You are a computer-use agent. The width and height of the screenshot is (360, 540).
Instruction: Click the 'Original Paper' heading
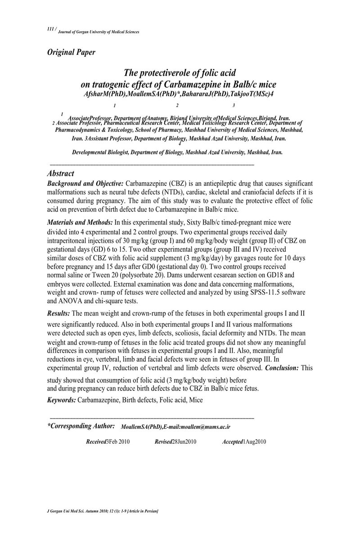pyautogui.click(x=71, y=52)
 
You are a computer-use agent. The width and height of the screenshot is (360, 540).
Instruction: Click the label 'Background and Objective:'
pyautogui.click(x=85, y=184)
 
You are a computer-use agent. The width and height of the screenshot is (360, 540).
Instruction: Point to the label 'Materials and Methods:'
pyautogui.click(x=80, y=222)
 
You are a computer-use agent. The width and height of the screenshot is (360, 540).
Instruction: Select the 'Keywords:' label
pyautogui.click(x=62, y=400)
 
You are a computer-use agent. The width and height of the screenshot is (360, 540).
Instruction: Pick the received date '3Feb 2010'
pyautogui.click(x=118, y=441)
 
